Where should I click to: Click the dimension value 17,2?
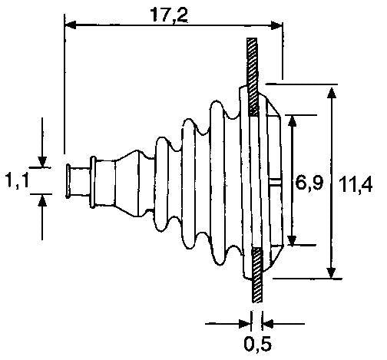coord(169,15)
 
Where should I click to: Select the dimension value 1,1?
coord(17,180)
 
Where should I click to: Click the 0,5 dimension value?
coord(257,344)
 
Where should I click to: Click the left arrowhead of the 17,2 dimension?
coord(71,25)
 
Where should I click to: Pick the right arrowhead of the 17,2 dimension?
coord(276,25)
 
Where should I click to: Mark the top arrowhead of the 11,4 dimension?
coord(332,93)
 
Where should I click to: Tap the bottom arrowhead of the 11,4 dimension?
coord(331,272)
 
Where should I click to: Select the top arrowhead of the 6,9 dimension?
coord(292,121)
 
